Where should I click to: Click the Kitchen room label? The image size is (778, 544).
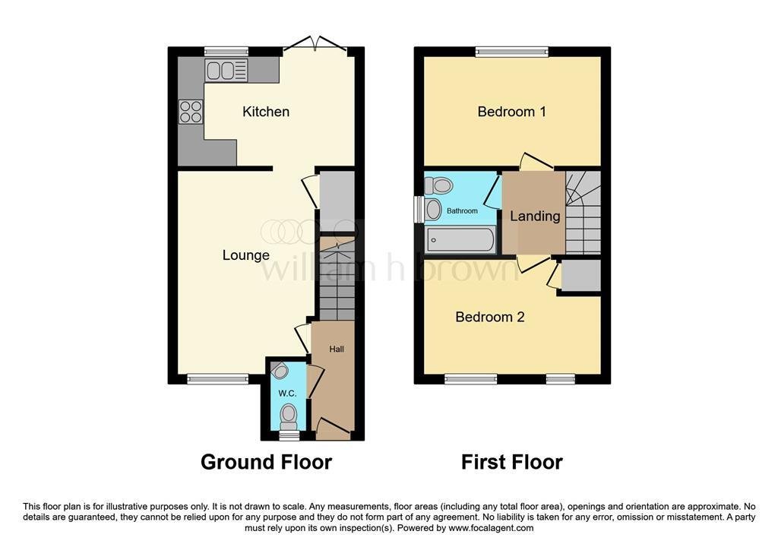coord(265,112)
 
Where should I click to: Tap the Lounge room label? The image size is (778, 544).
coord(245,255)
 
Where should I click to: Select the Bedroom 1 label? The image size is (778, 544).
coord(511,112)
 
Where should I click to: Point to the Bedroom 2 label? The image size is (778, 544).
coord(490,317)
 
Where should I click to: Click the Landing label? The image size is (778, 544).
coord(535,216)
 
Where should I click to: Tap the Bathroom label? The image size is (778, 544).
coord(462,211)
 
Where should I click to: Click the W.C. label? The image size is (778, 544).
coord(287,394)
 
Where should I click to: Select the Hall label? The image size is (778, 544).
coord(337,349)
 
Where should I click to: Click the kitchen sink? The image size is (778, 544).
coord(226,71)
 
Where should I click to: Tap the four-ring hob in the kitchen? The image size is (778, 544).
coord(191,112)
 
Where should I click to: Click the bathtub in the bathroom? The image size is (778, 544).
coord(460,240)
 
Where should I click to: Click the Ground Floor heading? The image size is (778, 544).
coord(266,462)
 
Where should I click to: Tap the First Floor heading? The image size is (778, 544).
coord(511,462)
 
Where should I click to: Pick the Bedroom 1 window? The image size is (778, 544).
coord(512,52)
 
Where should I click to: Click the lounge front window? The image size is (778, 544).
coord(218,379)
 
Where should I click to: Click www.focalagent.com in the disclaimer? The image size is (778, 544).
coord(491,528)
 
